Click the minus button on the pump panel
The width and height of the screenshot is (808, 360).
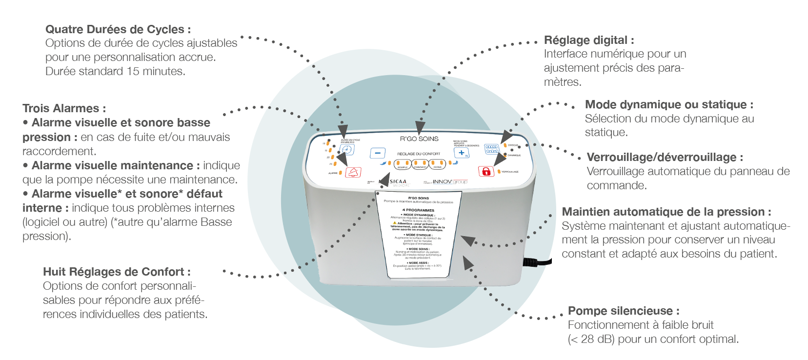[377, 153]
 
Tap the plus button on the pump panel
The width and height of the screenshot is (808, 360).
[461, 153]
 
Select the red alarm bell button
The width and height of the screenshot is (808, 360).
[353, 172]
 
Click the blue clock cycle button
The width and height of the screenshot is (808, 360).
[347, 150]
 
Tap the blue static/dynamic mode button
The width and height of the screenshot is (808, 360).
[492, 148]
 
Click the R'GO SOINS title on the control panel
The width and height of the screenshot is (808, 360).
[419, 139]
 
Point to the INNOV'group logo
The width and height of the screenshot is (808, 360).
[449, 181]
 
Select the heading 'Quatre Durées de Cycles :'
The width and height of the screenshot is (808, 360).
[118, 29]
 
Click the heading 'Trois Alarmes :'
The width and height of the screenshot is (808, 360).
[64, 108]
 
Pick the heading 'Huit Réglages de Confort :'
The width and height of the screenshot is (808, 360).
[117, 272]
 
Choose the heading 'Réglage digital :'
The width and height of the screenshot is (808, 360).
[589, 40]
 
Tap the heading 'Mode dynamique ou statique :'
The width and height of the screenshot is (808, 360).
[669, 104]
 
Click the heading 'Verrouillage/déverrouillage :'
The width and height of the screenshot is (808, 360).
[665, 157]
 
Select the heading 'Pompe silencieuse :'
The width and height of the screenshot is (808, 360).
[624, 311]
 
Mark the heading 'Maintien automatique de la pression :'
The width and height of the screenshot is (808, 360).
[667, 212]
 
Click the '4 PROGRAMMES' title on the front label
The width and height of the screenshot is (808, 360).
[418, 210]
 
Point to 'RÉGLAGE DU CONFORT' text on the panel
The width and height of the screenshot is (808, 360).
[419, 154]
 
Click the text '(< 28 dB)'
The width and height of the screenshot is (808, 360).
[591, 339]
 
